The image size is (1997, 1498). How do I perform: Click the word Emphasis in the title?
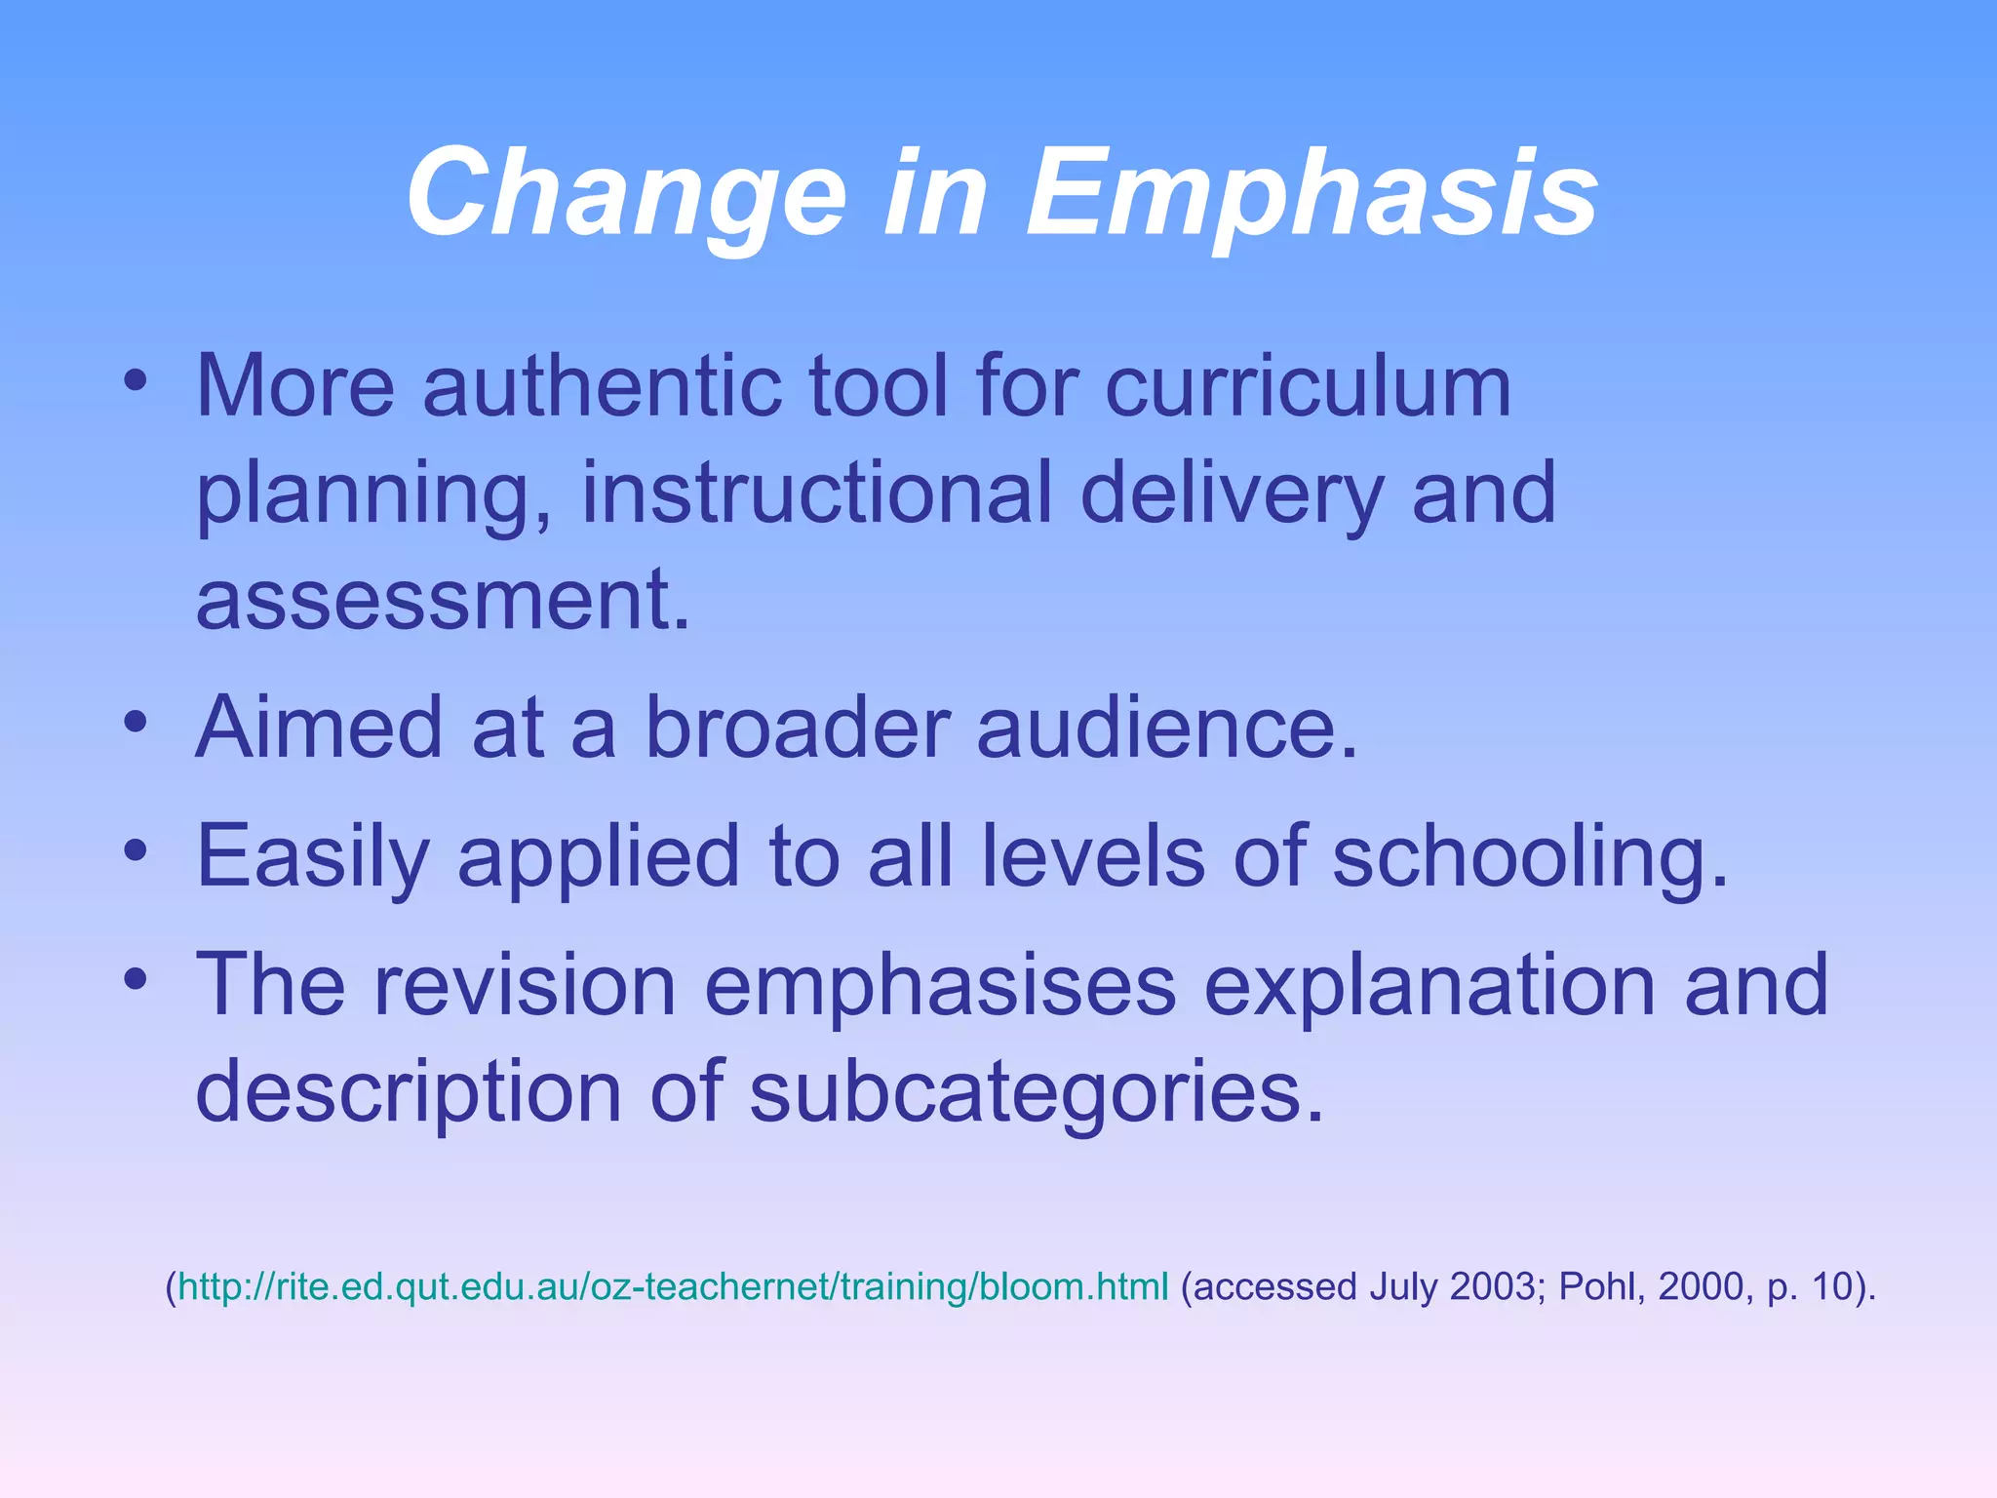pyautogui.click(x=1311, y=192)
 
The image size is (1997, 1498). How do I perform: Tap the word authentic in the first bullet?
pyautogui.click(x=602, y=386)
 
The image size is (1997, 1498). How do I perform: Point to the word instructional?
pyautogui.click(x=816, y=493)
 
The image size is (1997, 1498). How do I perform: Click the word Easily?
pyautogui.click(x=313, y=856)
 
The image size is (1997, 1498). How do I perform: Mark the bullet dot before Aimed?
pyautogui.click(x=136, y=723)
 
